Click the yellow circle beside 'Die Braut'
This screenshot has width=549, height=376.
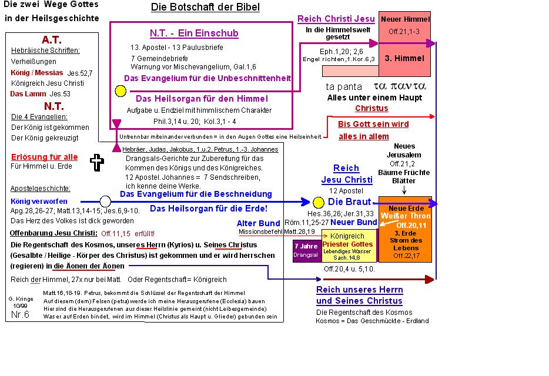coord(319,203)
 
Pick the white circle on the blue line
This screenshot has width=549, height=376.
coord(106,202)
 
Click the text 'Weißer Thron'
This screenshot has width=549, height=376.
coord(406,216)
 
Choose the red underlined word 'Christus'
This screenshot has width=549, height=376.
coord(371,108)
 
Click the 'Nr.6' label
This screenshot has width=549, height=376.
coord(20,315)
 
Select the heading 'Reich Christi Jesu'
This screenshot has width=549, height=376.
coord(336,19)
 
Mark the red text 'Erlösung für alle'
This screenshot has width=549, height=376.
coord(44,157)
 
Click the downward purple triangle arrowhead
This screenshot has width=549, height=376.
coord(116,123)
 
